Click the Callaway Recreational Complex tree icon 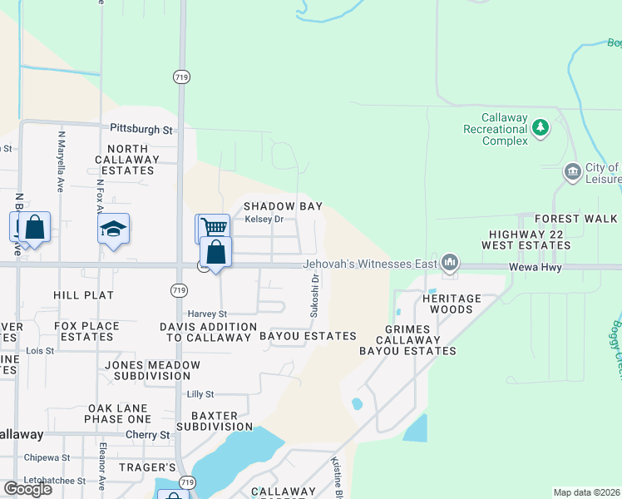coord(541,127)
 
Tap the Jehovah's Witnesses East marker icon coord(450,263)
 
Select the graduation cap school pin coord(113,230)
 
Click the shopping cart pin coord(214,227)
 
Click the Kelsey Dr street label coord(264,220)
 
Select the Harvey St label coord(207,314)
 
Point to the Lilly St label coord(200,394)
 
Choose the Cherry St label coord(148,435)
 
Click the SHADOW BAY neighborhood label coord(282,206)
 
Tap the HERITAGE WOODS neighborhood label coord(452,304)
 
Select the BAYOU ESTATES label coord(308,336)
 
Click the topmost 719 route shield coord(181,77)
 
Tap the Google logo coord(27,489)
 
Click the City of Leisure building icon coord(572,173)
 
